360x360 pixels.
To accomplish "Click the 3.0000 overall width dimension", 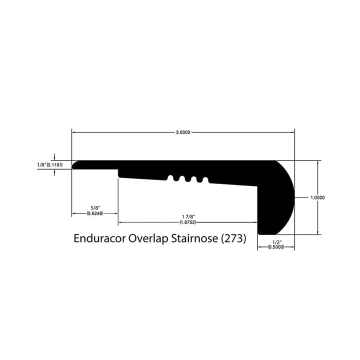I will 182,133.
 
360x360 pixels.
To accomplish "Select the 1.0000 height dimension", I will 317,197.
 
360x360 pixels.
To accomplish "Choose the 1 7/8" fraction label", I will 187,216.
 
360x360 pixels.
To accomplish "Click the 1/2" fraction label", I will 275,242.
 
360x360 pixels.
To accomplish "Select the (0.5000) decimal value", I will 275,247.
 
